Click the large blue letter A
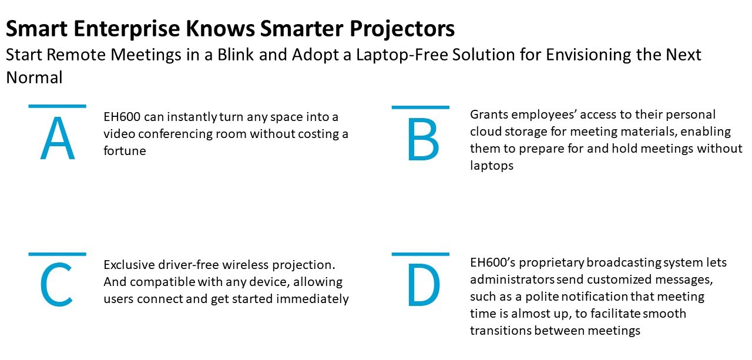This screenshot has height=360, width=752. [x=58, y=138]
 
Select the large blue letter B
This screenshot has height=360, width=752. [x=424, y=139]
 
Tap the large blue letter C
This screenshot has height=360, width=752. [x=56, y=285]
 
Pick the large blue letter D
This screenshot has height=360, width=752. [x=424, y=285]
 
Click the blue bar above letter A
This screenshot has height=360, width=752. [x=58, y=106]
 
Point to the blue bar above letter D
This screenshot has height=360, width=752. [x=420, y=254]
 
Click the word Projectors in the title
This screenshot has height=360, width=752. [x=402, y=29]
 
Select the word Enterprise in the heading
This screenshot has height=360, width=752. [x=127, y=29]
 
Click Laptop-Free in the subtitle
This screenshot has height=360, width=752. [x=402, y=55]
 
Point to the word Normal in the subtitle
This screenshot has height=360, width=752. [x=34, y=78]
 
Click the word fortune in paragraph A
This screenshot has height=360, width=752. [x=125, y=151]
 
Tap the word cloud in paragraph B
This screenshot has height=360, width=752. [x=485, y=131]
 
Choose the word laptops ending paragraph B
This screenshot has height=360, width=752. [x=492, y=166]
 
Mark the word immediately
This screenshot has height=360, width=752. [x=312, y=299]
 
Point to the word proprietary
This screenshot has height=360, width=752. [x=551, y=263]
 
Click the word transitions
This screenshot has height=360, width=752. [x=500, y=331]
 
